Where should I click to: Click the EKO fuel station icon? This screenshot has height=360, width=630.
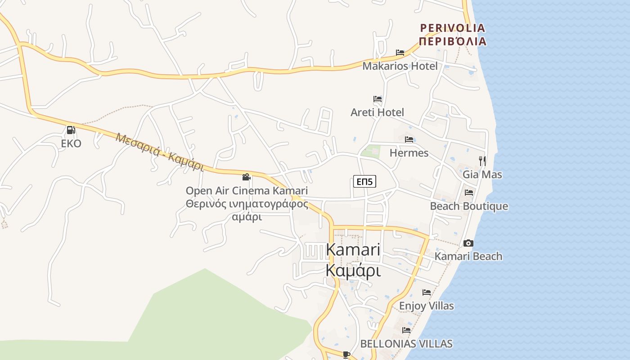[71, 130]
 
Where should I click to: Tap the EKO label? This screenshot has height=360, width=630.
[71, 144]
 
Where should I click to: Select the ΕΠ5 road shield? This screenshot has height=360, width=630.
[364, 181]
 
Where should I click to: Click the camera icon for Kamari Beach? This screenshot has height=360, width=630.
[468, 243]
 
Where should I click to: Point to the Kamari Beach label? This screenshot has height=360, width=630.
[468, 256]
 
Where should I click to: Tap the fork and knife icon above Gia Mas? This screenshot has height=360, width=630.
[482, 161]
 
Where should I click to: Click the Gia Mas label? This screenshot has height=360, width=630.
[482, 174]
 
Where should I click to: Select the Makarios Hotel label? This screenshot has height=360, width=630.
[400, 66]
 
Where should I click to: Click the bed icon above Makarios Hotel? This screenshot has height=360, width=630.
[400, 53]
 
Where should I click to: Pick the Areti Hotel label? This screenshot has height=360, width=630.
[377, 112]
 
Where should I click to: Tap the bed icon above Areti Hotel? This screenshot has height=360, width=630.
[378, 99]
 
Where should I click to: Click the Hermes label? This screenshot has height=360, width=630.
[409, 153]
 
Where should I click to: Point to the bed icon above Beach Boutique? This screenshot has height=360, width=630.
[469, 193]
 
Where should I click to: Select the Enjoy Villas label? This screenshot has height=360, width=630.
[427, 306]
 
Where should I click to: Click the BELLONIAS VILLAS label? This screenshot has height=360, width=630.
[406, 344]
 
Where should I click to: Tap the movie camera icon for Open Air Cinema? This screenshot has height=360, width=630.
[246, 177]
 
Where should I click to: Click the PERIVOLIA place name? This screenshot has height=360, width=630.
[453, 28]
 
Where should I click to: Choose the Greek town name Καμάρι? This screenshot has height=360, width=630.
[353, 271]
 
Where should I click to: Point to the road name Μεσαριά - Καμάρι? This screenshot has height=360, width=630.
[160, 152]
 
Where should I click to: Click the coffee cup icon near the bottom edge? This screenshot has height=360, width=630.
[346, 355]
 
